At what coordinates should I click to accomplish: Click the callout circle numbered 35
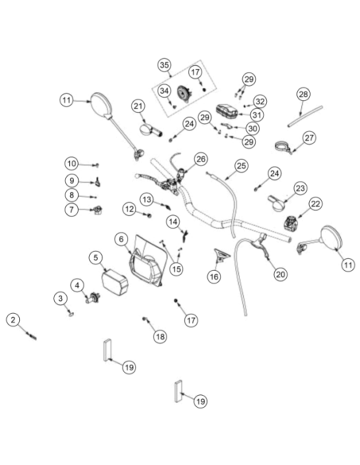tap(165, 65)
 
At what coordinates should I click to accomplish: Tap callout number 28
tap(303, 94)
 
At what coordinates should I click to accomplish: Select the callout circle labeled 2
tap(13, 320)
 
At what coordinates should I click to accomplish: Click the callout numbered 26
tap(201, 159)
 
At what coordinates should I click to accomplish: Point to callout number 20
tap(280, 275)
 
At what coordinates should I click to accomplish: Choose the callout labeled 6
tap(121, 239)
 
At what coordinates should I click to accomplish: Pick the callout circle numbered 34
tap(164, 91)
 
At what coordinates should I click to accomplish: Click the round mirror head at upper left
tap(101, 104)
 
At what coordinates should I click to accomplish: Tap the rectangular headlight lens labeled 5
tap(115, 282)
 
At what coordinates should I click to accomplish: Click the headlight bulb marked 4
tap(93, 298)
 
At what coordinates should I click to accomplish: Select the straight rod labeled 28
tap(305, 116)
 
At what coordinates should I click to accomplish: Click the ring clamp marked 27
tap(283, 147)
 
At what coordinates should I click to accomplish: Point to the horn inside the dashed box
tap(185, 94)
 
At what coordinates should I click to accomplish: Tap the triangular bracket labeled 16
tap(221, 255)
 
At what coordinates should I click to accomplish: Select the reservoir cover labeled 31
tap(227, 111)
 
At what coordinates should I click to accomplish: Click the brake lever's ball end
tap(137, 176)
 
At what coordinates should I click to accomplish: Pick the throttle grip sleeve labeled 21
tap(150, 131)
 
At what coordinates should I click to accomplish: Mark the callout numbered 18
tap(160, 337)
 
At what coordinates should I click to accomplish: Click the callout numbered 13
tap(147, 200)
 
